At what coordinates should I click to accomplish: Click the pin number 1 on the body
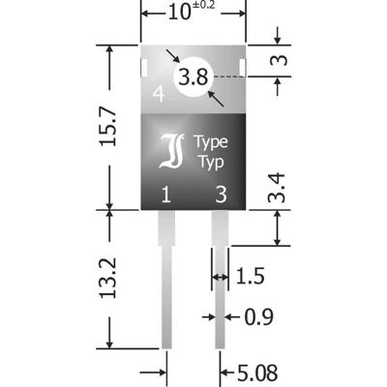[x=166, y=194]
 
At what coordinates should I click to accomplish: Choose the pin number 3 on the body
[x=222, y=194]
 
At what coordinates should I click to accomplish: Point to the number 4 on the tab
[x=158, y=95]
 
